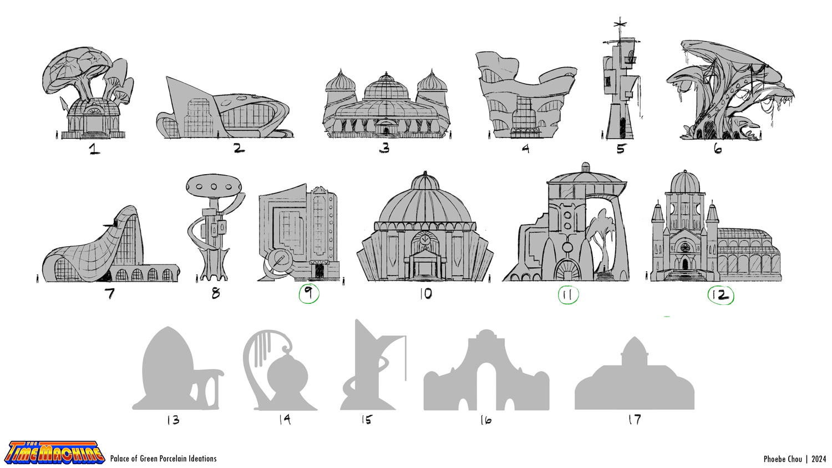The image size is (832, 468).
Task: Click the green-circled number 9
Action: coord(308,294)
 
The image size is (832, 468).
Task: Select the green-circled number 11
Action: coord(568,295)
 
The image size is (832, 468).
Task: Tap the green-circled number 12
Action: coord(721,296)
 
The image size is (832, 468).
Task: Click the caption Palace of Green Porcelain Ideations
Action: coord(164,459)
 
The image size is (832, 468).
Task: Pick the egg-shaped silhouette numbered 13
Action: coord(178,368)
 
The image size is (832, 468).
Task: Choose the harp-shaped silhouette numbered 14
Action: coord(280,370)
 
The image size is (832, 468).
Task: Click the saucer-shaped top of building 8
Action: coord(214,186)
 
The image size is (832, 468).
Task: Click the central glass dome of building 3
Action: coord(386,87)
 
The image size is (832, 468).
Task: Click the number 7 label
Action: coord(110,294)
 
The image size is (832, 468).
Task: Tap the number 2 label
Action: coord(239,148)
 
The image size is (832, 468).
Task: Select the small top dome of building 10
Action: coord(425,181)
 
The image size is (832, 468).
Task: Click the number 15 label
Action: coord(367,420)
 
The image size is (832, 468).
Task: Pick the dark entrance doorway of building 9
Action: coord(319,271)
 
